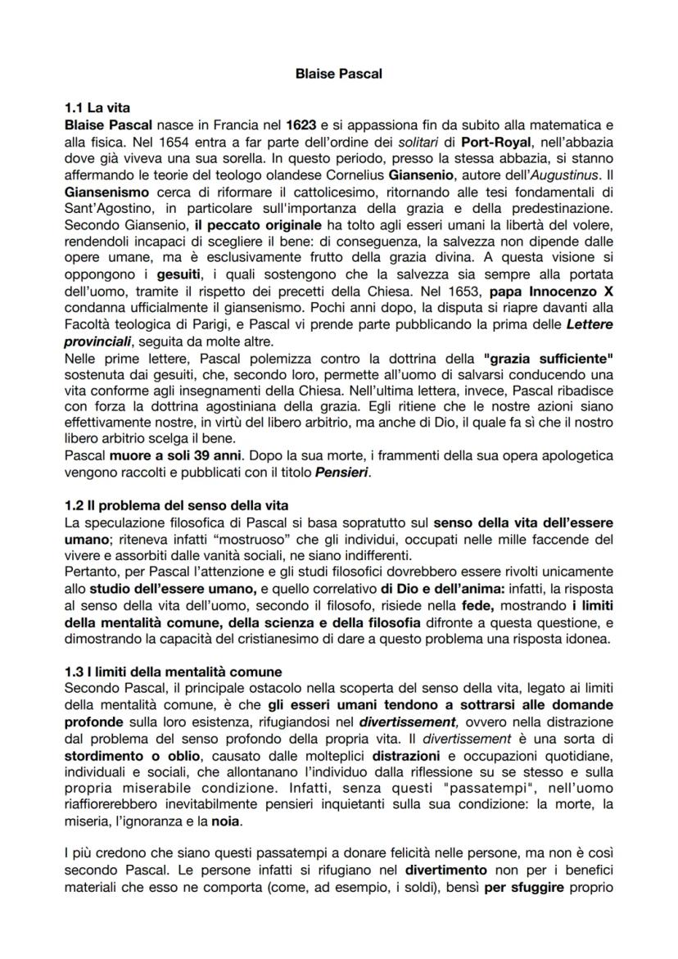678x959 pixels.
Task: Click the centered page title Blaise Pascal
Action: pyautogui.click(x=339, y=74)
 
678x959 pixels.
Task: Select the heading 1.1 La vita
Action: pyautogui.click(x=97, y=107)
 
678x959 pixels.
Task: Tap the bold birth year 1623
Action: pyautogui.click(x=302, y=125)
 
